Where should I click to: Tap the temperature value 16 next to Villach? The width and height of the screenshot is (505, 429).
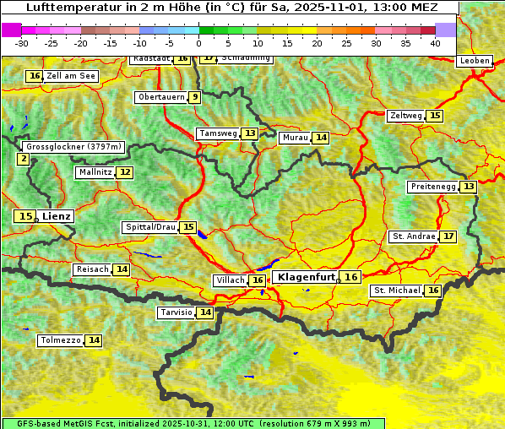258,280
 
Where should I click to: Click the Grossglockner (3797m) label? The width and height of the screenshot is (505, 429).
73,147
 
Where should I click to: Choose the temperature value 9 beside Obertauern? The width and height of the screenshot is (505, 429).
195,97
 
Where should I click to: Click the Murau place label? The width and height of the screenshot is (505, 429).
295,138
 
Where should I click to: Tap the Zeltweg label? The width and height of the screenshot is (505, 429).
405,116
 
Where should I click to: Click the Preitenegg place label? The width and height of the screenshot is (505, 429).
432,186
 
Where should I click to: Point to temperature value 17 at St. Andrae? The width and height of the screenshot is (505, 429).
448,236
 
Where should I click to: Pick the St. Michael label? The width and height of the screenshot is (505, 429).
397,291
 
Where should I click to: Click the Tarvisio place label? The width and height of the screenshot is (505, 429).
176,312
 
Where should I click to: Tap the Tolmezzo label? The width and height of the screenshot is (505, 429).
60,340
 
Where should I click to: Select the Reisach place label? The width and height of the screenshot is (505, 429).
92,269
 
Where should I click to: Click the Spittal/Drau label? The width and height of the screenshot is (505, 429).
150,227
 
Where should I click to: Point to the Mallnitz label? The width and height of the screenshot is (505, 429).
95,172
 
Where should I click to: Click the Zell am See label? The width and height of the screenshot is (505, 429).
71,76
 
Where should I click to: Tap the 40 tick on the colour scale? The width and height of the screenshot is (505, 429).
435,43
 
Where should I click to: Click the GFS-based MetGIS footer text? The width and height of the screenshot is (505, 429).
193,423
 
